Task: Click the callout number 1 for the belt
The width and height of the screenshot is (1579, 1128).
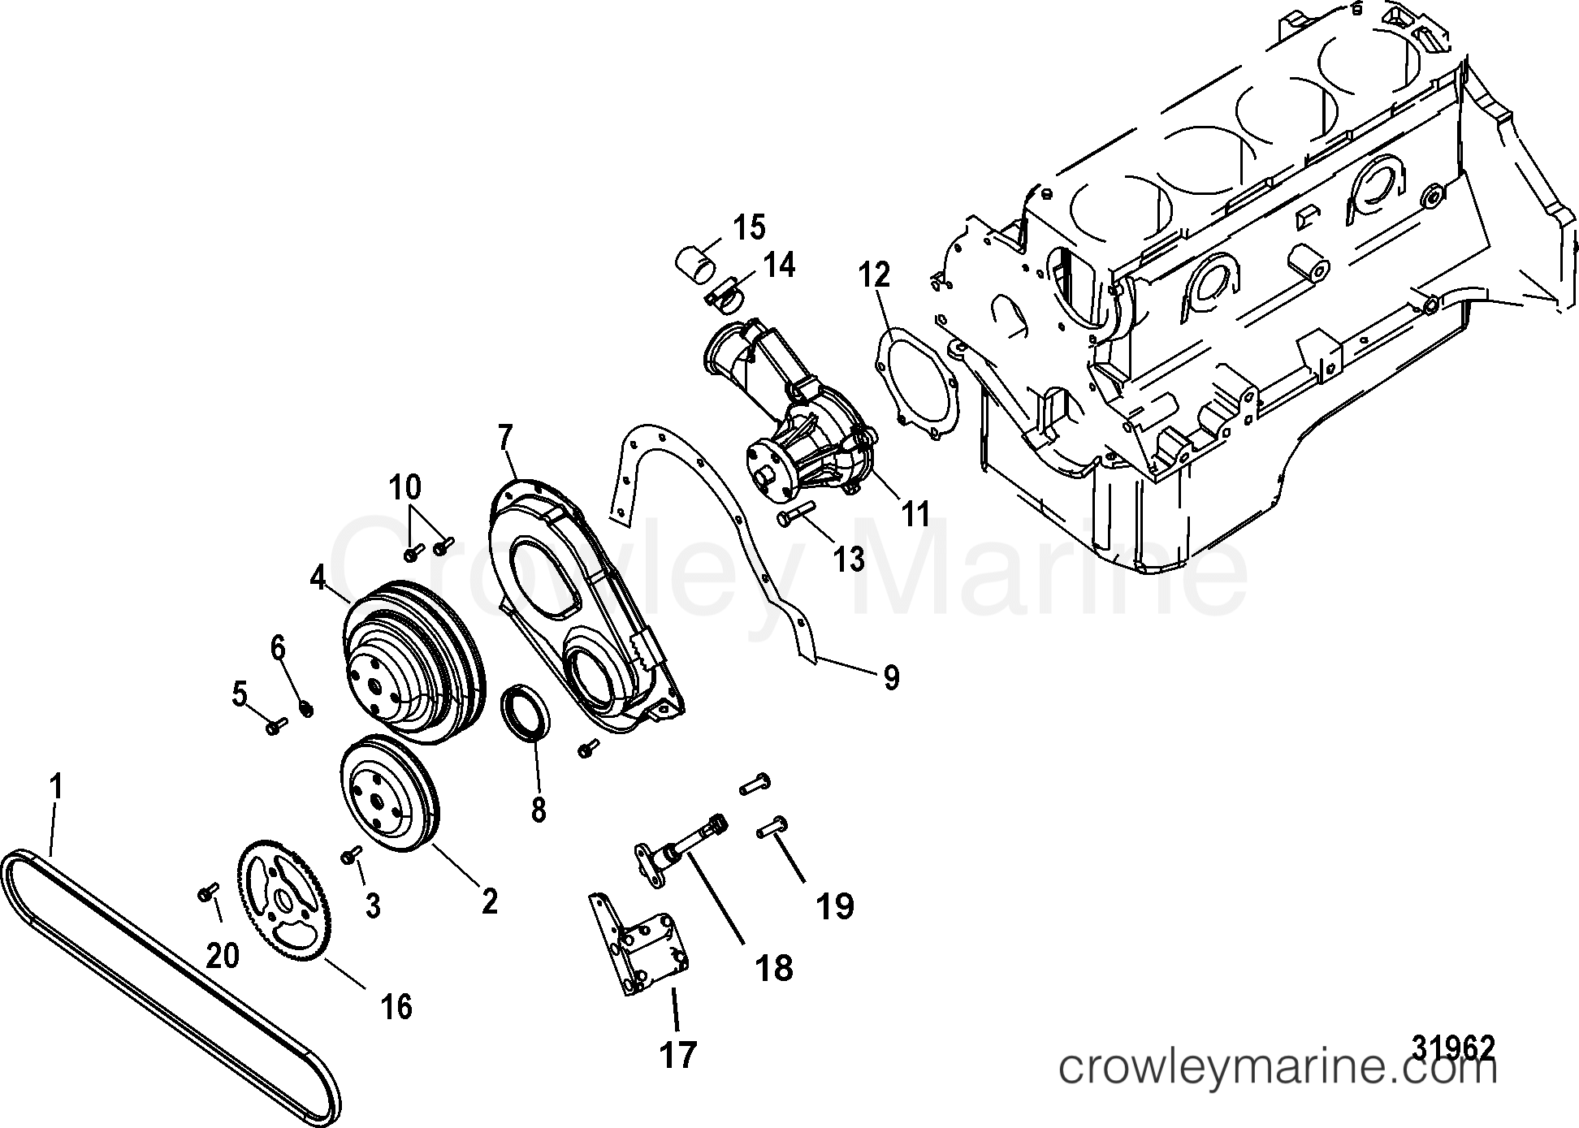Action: coord(56,788)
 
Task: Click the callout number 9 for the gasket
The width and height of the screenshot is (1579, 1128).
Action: coord(891,676)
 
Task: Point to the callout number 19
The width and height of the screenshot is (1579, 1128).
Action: coord(836,905)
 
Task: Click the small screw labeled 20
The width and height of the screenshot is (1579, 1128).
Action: coord(205,893)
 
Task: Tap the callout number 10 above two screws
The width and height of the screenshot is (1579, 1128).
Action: coord(404,488)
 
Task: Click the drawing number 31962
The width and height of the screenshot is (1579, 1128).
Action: coord(1453,1048)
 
